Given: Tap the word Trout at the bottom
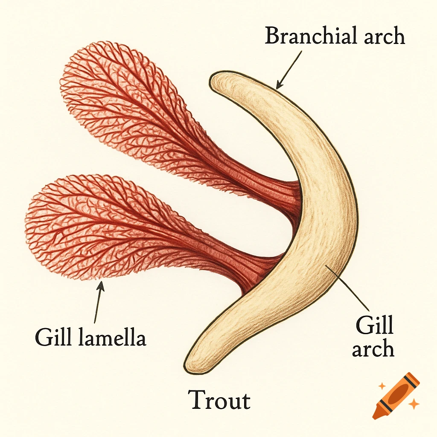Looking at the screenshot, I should point(219,400).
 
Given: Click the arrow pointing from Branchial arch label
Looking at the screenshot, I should point(289,70).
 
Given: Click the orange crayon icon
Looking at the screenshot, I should point(395,395).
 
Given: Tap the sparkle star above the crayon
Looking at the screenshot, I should point(382,386).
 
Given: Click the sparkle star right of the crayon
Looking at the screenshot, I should point(413,404).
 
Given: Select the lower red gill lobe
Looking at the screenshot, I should point(94,226).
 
